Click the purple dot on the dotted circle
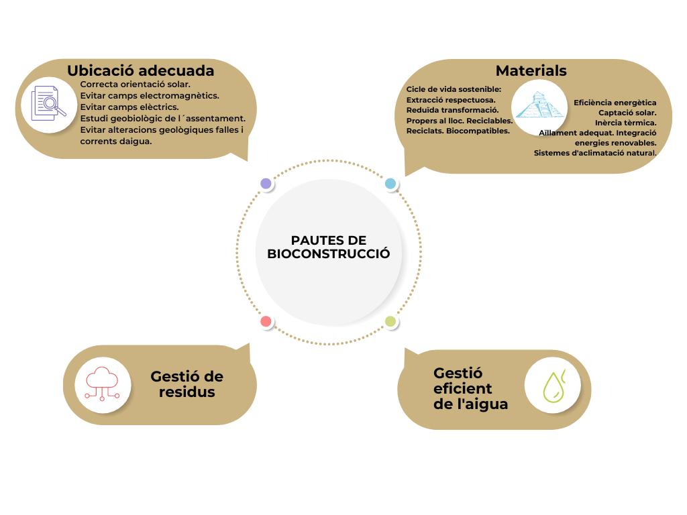266,184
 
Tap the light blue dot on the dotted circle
390,184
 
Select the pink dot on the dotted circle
266,322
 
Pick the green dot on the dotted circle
390,322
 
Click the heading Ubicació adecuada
140,70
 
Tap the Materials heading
531,70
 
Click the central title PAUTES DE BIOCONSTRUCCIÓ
328,247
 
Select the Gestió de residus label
187,384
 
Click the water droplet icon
552,386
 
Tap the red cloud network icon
102,384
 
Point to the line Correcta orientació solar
135,84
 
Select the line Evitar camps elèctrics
129,107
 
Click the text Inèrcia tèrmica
625,123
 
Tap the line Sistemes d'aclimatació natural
594,153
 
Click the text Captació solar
627,113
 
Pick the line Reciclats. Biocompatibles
458,131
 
